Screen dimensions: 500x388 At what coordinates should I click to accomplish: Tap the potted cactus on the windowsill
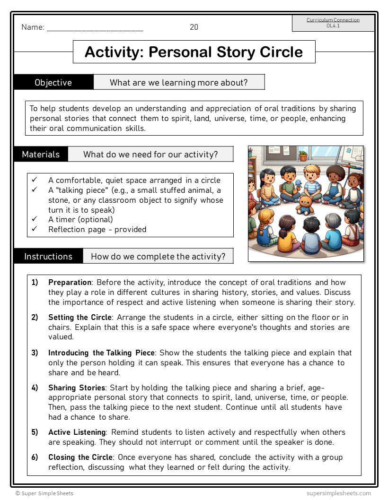tap(303, 155)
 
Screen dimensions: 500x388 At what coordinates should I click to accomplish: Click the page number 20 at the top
tap(194, 27)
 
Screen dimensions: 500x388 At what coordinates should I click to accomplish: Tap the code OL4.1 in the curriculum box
tap(333, 26)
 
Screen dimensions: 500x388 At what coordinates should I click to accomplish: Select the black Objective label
tap(53, 82)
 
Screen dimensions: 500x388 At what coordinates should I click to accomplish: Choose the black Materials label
tap(41, 154)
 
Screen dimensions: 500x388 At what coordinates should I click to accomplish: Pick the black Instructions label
tap(48, 256)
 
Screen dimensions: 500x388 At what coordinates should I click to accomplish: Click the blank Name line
tap(95, 28)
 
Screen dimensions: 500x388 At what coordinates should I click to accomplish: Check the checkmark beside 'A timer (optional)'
tap(35, 219)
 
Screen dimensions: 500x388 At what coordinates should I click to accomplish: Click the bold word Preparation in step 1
tap(70, 283)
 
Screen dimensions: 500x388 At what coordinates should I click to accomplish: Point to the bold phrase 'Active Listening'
tap(77, 432)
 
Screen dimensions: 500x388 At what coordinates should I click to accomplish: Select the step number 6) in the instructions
tap(35, 457)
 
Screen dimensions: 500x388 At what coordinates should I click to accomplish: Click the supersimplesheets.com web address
tap(338, 493)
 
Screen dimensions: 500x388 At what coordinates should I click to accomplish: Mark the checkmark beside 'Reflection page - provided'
tap(35, 229)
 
